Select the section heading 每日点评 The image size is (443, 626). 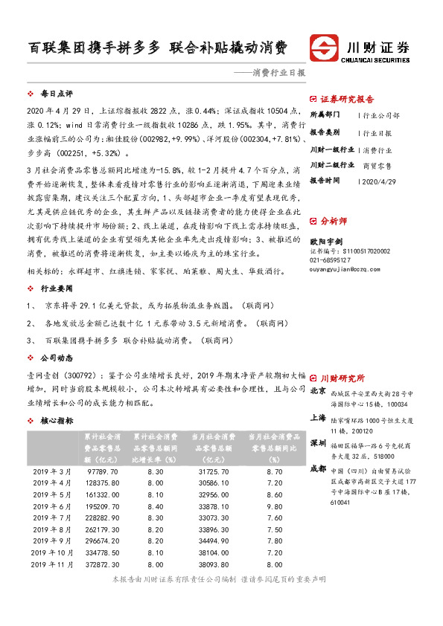coord(56,94)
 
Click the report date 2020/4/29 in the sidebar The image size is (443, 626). coord(380,181)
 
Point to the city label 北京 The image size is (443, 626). coord(318,390)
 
